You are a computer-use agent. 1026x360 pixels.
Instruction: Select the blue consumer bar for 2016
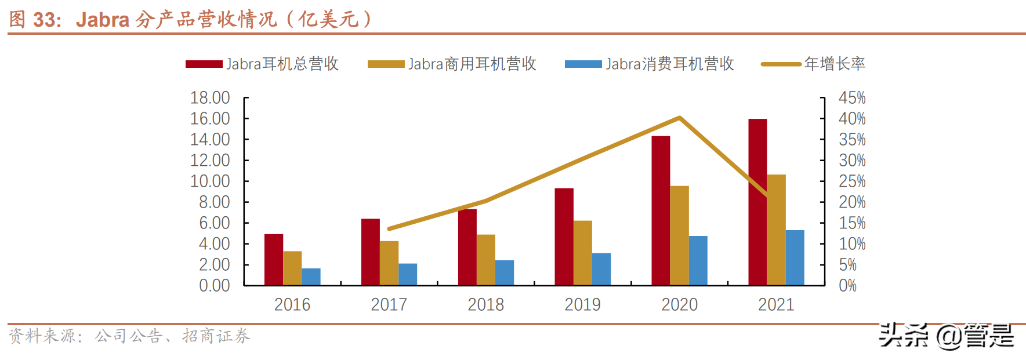311,277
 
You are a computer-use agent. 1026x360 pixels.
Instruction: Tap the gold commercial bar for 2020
679,235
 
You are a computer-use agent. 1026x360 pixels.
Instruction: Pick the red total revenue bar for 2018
467,247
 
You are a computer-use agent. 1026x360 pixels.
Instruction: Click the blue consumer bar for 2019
601,269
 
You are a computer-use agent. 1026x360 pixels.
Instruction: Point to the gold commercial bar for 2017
389,263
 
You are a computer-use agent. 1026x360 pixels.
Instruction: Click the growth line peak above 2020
679,118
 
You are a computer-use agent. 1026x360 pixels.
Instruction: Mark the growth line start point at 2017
389,228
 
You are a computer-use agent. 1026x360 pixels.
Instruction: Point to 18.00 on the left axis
210,97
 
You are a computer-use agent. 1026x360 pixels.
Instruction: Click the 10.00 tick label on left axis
210,181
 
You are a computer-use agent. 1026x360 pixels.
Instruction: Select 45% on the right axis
851,97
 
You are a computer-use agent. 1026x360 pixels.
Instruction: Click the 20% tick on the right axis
851,202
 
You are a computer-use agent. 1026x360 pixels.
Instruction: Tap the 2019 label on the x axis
582,304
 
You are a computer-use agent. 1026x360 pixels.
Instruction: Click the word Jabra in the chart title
102,20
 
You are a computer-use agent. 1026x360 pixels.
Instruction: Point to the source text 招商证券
216,336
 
